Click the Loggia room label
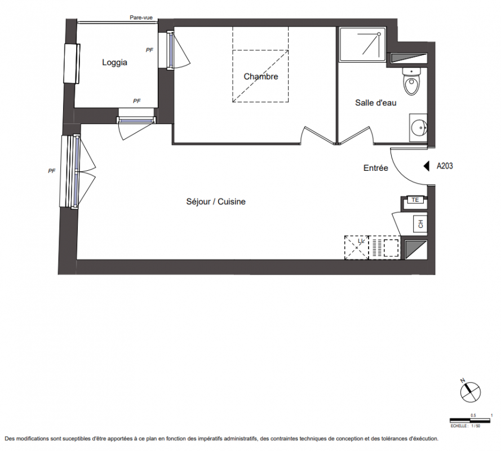coord(114,63)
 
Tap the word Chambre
coord(261,77)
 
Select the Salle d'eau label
coord(375,103)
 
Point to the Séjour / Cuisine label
coord(216,201)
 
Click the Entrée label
coord(375,168)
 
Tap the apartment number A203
coord(445,166)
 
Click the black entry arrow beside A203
coord(426,166)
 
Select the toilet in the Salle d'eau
coord(411,82)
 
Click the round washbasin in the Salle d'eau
coord(418,128)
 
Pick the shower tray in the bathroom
coord(363,45)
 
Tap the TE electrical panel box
coord(415,200)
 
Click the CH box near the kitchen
coord(420,224)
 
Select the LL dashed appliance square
coord(357,247)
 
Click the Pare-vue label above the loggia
coord(141,17)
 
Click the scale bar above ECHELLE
coord(470,421)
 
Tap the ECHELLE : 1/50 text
coord(465,426)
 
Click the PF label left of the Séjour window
coord(52,171)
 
